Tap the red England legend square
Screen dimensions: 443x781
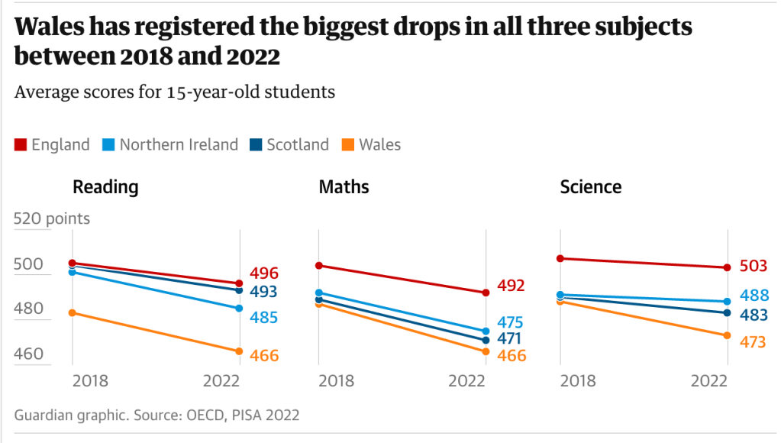21,144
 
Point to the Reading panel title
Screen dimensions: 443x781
105,187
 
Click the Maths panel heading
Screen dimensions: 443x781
344,187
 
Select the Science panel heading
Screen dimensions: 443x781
590,187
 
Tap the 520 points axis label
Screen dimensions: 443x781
52,219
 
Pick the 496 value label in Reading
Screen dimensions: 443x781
263,273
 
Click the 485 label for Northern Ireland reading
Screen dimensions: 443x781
263,318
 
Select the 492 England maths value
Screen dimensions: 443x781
511,286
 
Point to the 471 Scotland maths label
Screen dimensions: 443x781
511,338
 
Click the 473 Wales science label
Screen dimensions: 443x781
753,342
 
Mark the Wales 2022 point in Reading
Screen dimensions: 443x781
239,351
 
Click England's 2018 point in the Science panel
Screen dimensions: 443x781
560,258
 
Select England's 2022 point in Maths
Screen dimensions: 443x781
486,293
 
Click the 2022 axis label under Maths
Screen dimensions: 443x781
467,380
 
